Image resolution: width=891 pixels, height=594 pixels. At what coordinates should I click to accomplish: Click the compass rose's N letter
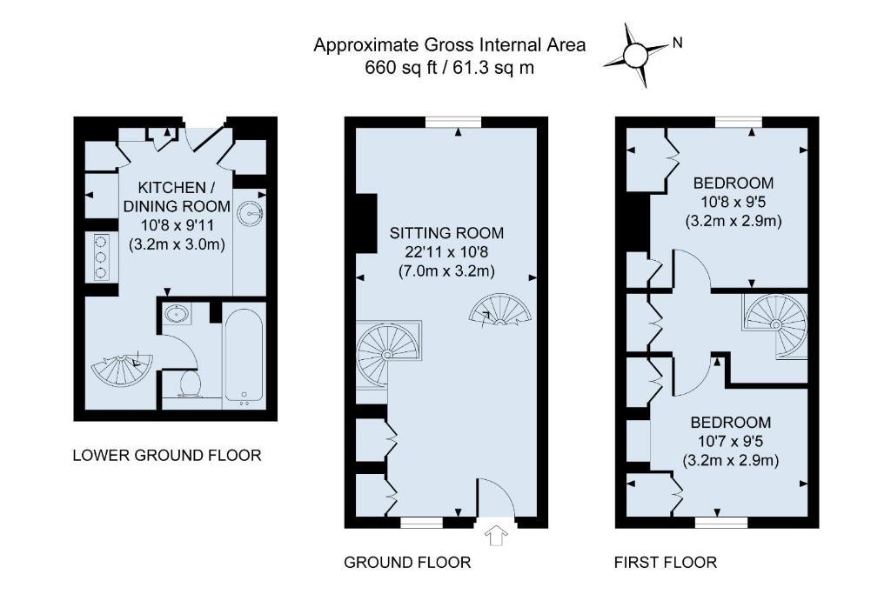(677, 43)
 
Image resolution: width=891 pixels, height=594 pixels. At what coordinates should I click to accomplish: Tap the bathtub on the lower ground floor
(244, 356)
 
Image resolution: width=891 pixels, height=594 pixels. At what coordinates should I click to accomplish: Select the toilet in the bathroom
(188, 384)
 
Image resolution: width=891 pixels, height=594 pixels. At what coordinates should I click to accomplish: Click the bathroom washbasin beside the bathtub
(178, 313)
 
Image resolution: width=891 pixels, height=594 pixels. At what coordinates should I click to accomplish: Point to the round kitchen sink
(250, 213)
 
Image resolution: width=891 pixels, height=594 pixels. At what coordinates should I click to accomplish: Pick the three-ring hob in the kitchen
(101, 257)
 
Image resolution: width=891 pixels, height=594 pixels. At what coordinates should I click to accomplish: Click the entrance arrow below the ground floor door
(496, 536)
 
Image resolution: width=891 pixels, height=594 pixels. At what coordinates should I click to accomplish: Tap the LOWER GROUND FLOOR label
(167, 456)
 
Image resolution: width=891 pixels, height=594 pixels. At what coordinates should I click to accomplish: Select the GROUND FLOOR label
(407, 562)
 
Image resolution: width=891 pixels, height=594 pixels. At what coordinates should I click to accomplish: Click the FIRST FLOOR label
(666, 562)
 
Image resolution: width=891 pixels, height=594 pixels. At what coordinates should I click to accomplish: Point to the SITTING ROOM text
(446, 233)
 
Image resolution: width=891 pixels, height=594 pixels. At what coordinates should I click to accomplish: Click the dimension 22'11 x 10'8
(446, 251)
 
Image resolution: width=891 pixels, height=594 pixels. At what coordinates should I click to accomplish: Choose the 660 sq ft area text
(401, 68)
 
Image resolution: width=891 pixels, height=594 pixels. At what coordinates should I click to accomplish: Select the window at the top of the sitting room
(453, 122)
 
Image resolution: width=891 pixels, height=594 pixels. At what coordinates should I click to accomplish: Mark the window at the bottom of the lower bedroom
(721, 522)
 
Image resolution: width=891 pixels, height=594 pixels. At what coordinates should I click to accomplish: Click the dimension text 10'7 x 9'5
(731, 441)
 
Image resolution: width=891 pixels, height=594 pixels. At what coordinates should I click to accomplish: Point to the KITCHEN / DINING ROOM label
(177, 197)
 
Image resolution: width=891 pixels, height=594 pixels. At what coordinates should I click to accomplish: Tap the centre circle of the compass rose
(635, 55)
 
